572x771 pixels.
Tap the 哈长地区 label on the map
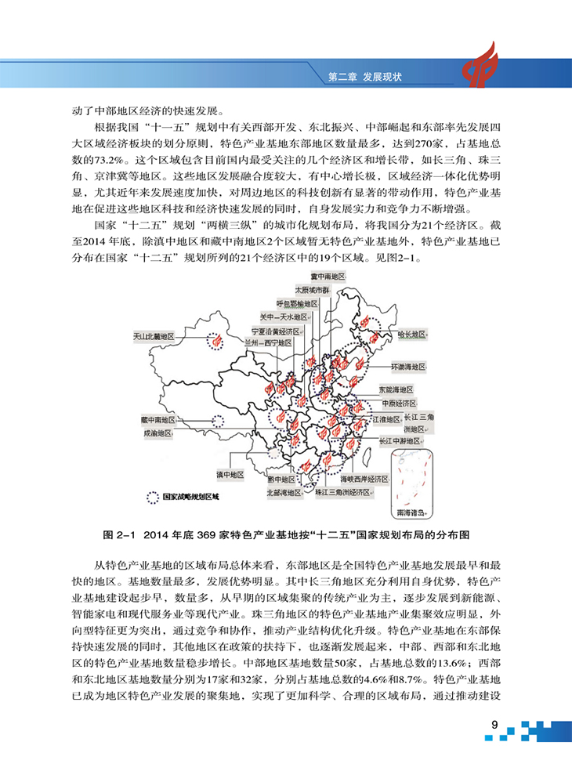[411, 334]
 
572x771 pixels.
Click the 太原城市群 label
[313, 290]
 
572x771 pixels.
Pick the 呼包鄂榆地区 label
[298, 303]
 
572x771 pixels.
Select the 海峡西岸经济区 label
[364, 478]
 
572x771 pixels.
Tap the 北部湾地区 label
[283, 493]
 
